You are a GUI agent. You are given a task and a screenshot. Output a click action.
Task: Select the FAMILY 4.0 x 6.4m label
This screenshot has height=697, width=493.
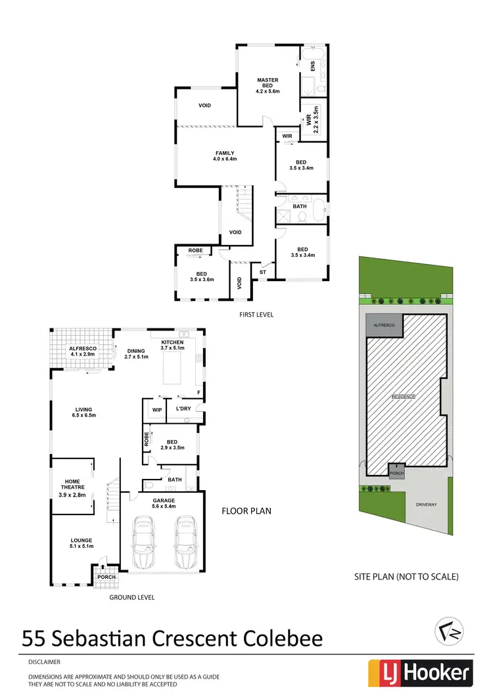(224, 156)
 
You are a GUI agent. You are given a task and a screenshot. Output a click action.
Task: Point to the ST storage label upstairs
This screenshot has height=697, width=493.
(262, 271)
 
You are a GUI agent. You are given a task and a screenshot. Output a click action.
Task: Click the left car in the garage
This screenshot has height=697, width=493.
(143, 543)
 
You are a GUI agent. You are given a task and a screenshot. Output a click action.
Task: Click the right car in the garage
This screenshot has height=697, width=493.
(186, 543)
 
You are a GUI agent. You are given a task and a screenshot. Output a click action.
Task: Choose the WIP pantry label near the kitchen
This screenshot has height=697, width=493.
(157, 410)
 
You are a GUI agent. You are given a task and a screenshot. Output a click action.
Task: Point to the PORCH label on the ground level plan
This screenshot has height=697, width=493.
(106, 577)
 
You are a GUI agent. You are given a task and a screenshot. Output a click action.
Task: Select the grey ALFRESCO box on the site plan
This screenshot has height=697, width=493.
(383, 326)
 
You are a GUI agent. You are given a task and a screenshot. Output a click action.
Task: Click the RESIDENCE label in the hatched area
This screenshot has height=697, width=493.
(404, 397)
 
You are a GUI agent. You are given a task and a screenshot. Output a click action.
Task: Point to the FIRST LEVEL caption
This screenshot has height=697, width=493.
(256, 315)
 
